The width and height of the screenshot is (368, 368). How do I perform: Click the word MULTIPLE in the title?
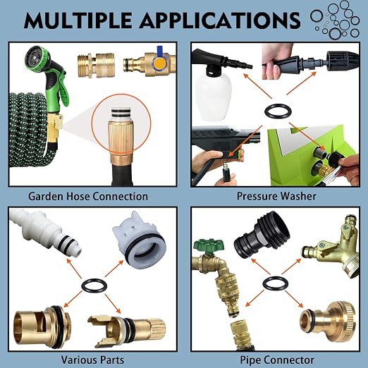point(78,20)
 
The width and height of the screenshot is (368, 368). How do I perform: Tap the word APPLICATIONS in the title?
point(220,20)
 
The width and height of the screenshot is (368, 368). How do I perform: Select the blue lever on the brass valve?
point(160,49)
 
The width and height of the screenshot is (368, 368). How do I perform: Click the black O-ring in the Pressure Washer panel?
point(278,111)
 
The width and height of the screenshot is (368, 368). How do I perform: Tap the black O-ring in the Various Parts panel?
point(94,286)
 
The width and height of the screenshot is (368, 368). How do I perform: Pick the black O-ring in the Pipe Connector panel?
point(275,283)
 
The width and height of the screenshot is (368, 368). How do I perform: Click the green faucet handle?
point(209,245)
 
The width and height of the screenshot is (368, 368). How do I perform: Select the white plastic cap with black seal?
point(140,240)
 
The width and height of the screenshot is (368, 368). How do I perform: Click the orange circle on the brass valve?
point(160,63)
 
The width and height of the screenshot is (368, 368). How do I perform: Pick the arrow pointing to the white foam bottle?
point(257,86)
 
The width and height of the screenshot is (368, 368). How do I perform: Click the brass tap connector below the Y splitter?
point(329,321)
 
